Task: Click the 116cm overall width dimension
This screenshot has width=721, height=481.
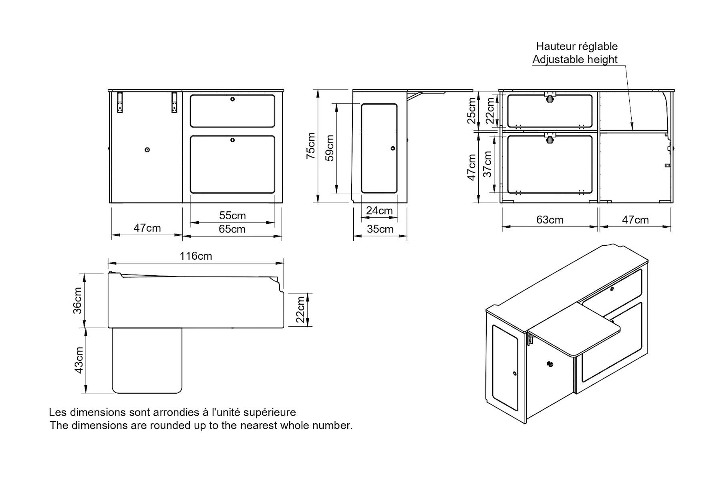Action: tap(196, 256)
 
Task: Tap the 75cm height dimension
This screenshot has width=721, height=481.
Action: tap(311, 146)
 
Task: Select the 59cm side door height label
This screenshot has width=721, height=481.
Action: tap(330, 148)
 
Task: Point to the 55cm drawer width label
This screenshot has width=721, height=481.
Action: tap(232, 216)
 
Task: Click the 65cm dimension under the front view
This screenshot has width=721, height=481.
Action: tap(232, 229)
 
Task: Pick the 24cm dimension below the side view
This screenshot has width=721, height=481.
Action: tap(379, 211)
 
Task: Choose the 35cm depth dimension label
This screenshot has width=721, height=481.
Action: tap(380, 229)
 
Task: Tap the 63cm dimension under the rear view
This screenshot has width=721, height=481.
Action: tap(550, 220)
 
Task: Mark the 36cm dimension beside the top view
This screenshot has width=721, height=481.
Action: tap(78, 301)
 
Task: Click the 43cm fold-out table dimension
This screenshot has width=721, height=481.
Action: tap(79, 360)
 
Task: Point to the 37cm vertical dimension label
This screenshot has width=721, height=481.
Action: tap(487, 164)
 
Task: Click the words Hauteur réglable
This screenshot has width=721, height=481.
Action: tap(577, 46)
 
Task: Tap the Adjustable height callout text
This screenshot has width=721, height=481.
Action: tap(575, 60)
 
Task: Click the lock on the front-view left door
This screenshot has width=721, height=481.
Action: tap(147, 150)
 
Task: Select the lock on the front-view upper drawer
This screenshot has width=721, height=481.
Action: tap(233, 99)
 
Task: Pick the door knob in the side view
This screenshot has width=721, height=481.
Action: tap(393, 149)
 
